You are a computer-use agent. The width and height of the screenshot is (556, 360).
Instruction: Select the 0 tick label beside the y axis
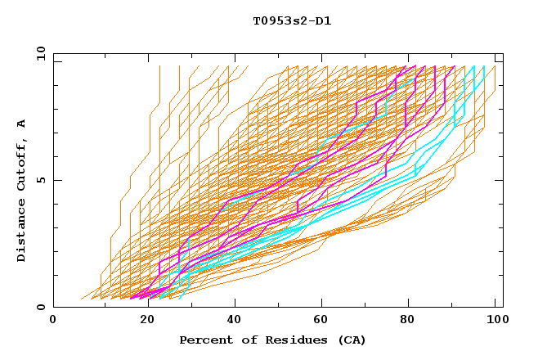coord(41,308)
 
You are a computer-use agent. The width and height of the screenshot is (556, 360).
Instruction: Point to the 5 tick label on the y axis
coord(41,180)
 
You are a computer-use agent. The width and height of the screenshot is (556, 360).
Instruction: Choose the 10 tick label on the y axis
coord(38,53)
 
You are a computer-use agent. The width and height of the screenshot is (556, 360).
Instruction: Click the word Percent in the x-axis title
coord(203,340)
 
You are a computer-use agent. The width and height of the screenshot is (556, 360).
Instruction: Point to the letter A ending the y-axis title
coord(22,123)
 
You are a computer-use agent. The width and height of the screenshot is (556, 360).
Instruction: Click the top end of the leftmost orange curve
coord(159,65)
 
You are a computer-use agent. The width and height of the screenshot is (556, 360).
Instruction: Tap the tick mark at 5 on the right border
coord(500,180)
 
